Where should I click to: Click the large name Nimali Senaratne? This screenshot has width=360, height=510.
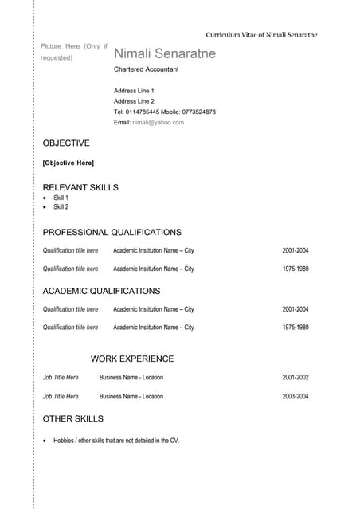[165, 53]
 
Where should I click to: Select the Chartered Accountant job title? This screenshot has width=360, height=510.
[147, 69]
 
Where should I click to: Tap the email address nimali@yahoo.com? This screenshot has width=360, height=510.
[158, 122]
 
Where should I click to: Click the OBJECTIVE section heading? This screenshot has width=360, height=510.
[66, 143]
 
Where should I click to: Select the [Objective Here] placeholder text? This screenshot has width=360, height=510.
[68, 163]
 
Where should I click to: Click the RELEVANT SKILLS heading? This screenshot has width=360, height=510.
[80, 187]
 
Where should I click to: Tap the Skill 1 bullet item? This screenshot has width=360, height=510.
[61, 198]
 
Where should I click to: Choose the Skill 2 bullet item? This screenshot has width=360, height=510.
[61, 207]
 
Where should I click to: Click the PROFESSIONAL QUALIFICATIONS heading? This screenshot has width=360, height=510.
[112, 232]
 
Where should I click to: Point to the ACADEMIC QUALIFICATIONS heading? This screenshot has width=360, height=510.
[101, 291]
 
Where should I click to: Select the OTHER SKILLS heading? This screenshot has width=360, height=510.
[72, 418]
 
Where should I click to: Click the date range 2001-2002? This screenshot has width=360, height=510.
[295, 378]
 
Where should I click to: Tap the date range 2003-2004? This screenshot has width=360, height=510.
[295, 396]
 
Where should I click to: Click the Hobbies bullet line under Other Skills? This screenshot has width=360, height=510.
[116, 440]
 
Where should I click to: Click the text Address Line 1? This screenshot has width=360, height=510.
[134, 91]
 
